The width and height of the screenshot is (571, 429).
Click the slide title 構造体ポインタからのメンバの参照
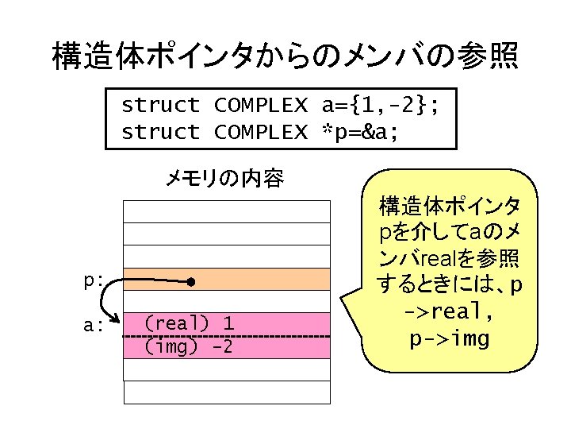coord(285,56)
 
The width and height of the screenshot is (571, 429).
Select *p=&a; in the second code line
coord(360,132)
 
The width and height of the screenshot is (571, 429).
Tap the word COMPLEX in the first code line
coord(260,105)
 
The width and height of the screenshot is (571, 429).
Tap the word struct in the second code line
coord(160,132)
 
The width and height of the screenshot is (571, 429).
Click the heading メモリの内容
coord(224,180)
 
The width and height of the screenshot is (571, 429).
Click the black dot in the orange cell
coord(191,282)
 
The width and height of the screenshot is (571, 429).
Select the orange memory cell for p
coord(262,280)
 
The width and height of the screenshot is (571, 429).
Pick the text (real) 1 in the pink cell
coord(189,323)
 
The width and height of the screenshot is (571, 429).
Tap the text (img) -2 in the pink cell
coord(189,347)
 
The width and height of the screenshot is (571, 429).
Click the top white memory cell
coord(226,211)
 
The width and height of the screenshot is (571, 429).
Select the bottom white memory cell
coord(226,392)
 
